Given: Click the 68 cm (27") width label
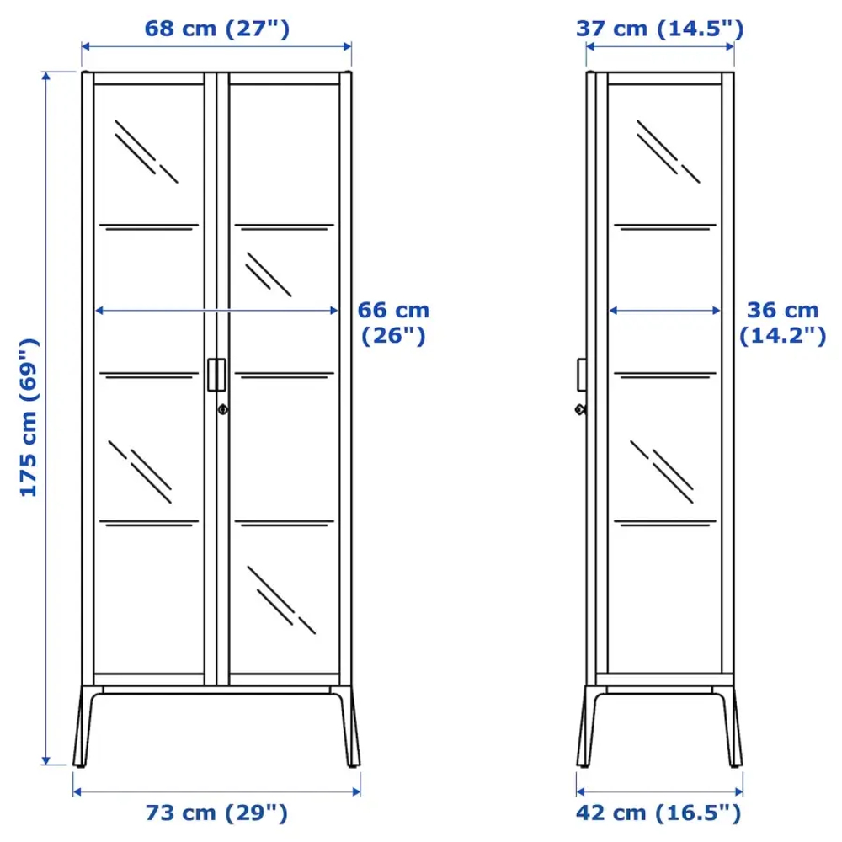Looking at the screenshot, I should [216, 29].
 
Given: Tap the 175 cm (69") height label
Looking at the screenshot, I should [29, 417].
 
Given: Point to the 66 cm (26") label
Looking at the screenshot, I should [393, 323].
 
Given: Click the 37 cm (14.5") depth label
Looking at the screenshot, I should [659, 29].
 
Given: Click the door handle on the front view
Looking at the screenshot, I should [216, 375].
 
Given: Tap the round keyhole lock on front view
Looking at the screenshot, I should [221, 409].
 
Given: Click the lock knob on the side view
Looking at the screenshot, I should [579, 409].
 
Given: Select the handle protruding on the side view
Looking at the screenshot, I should [581, 375].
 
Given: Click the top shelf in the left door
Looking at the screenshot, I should [150, 226].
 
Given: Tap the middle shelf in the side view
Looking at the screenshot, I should [665, 373].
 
